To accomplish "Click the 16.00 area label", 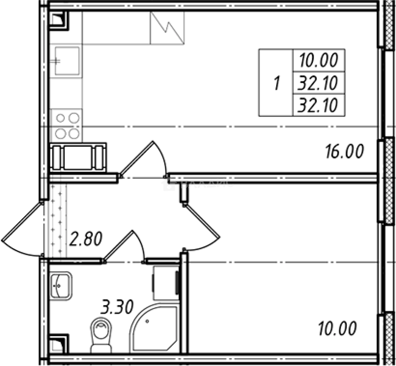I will point(344,151).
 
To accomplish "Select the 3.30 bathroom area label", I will point(116,308).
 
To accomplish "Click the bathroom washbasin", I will point(61,286).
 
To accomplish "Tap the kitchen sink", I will point(67,61).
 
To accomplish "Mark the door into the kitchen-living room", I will point(142,159).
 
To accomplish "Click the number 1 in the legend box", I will point(277,83).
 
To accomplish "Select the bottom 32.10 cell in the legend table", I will point(318,106).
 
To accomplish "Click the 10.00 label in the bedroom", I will point(337,328).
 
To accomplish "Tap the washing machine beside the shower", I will point(166,283).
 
